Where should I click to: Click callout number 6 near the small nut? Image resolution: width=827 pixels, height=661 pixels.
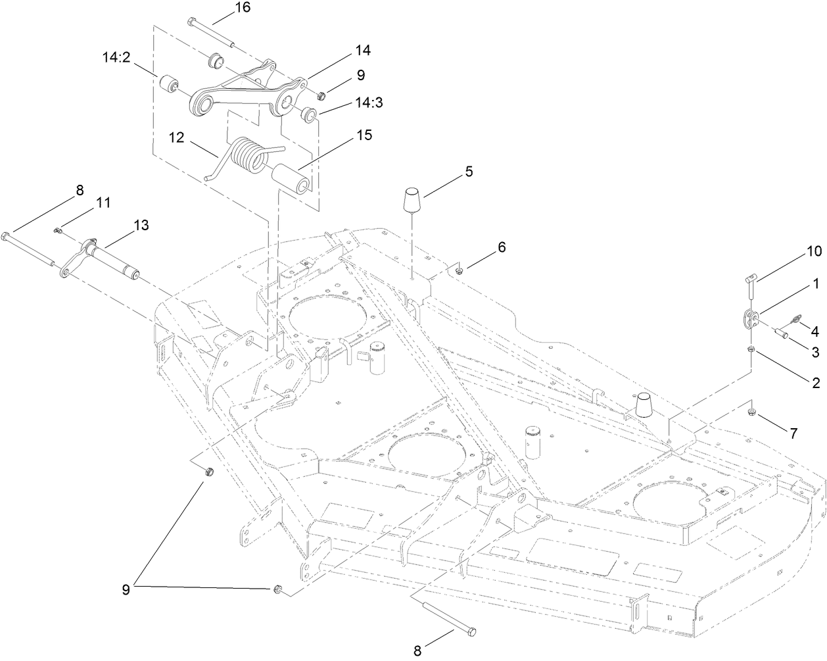coord(501,247)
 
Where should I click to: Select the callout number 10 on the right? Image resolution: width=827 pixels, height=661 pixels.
coord(815,252)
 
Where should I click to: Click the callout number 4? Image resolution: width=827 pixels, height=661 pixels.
coord(815,330)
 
